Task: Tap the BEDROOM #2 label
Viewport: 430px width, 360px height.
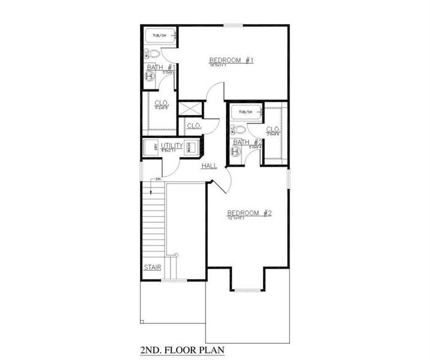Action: pos(250,213)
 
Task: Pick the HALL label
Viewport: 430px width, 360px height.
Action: pos(210,165)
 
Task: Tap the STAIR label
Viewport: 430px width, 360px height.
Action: pos(152,267)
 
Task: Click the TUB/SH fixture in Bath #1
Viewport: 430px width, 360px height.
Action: pos(160,37)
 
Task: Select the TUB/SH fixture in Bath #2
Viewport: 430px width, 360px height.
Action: pos(246,112)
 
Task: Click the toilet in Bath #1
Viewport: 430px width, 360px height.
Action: pos(154,54)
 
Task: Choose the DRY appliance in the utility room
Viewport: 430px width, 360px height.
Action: pos(155,148)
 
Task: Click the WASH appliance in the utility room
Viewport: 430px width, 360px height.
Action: pos(189,148)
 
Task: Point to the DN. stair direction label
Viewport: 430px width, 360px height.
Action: pos(159,179)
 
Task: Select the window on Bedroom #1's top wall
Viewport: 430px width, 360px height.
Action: pos(233,25)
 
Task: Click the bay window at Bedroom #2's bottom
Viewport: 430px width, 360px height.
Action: pos(246,290)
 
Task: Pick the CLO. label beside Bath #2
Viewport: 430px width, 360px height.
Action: pos(273,129)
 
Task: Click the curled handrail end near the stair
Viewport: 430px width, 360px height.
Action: pos(175,256)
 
